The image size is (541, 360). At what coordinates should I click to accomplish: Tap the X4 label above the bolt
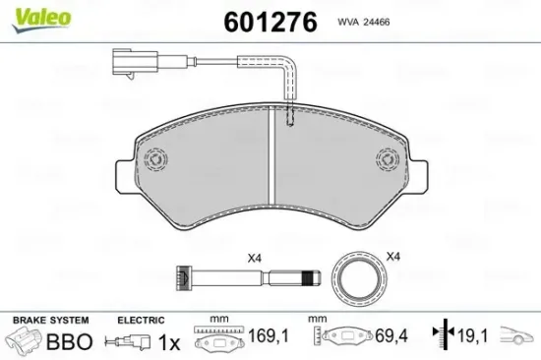pyautogui.click(x=254, y=258)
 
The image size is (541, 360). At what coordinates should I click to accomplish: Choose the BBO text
pyautogui.click(x=72, y=341)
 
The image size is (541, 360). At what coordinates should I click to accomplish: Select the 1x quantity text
pyautogui.click(x=169, y=341)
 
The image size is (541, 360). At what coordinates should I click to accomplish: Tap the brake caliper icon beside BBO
pyautogui.click(x=27, y=341)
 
